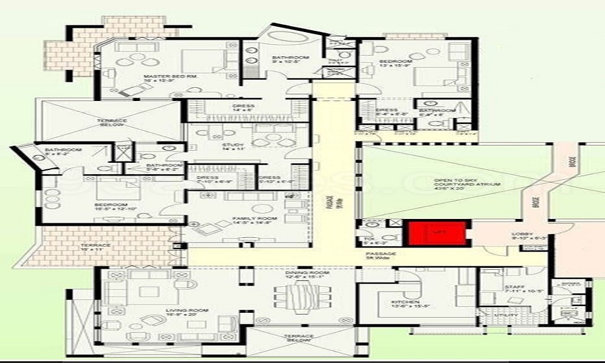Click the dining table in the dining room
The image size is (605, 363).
click(301, 299)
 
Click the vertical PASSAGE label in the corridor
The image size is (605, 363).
click(330, 203)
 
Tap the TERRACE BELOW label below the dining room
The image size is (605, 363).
click(299, 339)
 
